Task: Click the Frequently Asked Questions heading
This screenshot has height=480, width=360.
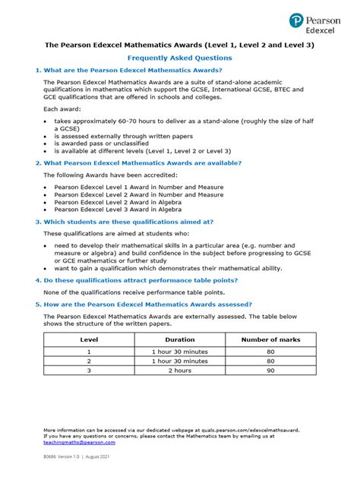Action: click(x=180, y=58)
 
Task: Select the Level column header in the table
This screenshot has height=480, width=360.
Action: click(x=90, y=339)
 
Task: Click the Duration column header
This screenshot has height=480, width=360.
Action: click(x=180, y=339)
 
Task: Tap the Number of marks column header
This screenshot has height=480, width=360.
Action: click(x=270, y=339)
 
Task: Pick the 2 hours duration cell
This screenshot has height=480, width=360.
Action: click(x=180, y=372)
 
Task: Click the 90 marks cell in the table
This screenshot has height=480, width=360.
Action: click(x=270, y=372)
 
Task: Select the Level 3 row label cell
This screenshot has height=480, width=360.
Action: click(x=90, y=372)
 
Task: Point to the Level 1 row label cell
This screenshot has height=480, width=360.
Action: click(x=90, y=352)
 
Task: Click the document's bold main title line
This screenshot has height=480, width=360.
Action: click(x=180, y=45)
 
